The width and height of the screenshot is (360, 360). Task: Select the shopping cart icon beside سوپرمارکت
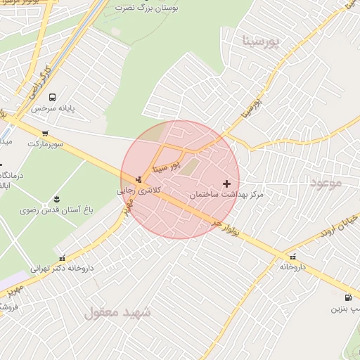tap(45, 133)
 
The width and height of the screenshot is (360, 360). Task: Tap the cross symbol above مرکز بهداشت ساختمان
tap(226, 184)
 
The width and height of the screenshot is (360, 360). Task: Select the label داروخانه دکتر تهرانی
tap(62, 268)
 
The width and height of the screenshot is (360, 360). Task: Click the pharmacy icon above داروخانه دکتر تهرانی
tap(63, 257)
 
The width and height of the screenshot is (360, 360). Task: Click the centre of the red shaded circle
tap(180, 179)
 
